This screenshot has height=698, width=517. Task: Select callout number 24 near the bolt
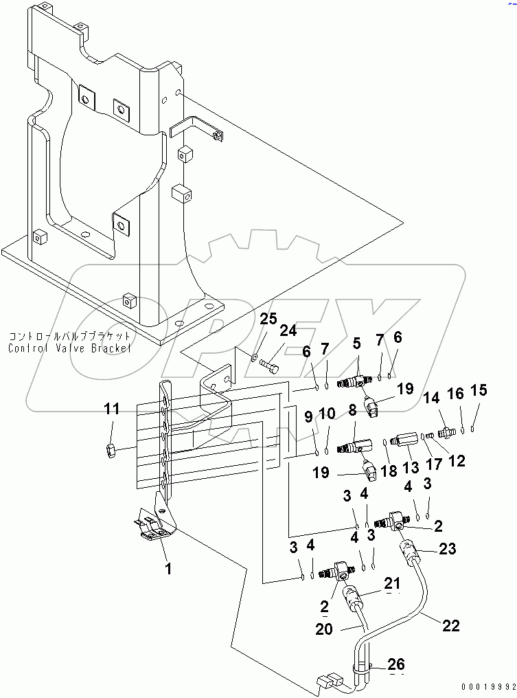point(288,330)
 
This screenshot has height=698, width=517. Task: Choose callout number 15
point(478,391)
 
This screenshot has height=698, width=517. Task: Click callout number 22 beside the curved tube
point(450,626)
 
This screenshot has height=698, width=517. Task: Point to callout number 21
point(392,583)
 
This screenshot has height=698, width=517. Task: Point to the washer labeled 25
point(255,357)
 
